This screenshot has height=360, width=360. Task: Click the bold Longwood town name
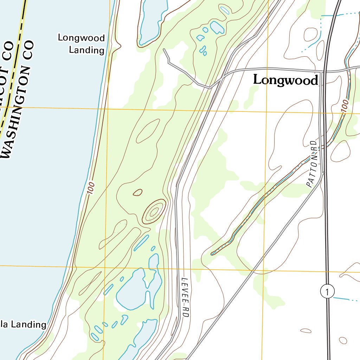[285, 80]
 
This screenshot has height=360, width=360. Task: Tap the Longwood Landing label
[82, 44]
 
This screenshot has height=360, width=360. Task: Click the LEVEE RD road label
[185, 297]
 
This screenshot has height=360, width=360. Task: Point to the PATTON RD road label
[312, 164]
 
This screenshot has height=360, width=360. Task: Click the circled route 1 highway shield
[327, 291]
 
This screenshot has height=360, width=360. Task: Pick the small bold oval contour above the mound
[137, 192]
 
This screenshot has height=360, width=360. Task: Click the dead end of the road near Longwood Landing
[164, 50]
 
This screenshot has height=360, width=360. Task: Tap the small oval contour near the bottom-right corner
[342, 340]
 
